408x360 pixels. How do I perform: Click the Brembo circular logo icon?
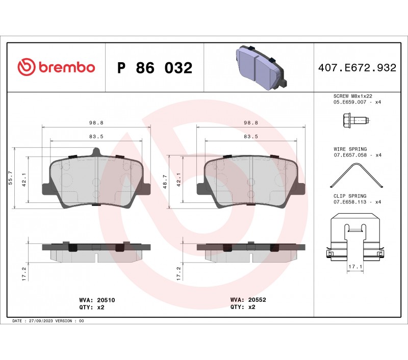point(27,67)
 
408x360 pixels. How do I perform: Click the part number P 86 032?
point(155,68)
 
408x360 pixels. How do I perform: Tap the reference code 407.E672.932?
point(358,68)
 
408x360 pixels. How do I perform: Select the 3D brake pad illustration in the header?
point(261,68)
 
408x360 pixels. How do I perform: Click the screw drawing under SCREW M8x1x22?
point(356,121)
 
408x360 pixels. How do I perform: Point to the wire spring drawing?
point(356,175)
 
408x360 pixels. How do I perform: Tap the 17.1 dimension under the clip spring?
point(355,267)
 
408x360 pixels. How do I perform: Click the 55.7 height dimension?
point(10,178)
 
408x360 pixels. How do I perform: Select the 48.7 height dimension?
point(165,182)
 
